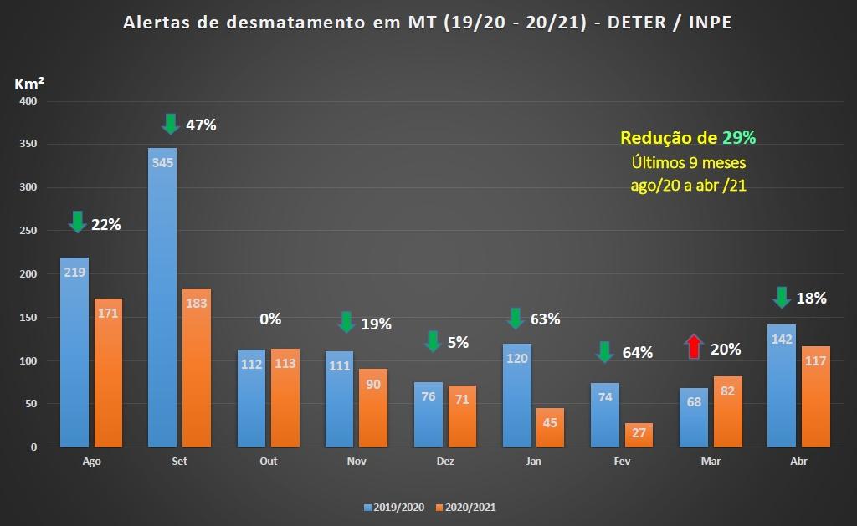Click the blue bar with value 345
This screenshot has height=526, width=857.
point(162,297)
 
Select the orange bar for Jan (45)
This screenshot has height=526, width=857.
point(550,427)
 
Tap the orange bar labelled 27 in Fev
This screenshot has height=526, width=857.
point(638,435)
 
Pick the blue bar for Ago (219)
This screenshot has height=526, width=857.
point(74,351)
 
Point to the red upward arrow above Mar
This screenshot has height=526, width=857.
point(694,347)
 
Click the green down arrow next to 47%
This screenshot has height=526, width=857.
point(170,124)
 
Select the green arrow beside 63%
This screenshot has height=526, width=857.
point(515,319)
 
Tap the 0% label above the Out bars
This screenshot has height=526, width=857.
point(270,319)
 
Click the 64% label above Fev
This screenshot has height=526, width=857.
point(637,352)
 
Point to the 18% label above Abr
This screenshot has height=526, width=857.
point(811,298)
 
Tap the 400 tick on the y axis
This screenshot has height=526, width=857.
point(28,101)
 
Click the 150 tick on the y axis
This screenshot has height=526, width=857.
point(28,318)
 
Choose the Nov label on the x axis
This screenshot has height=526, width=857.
point(357,462)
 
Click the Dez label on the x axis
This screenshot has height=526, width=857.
point(445,462)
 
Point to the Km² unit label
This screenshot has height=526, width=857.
point(29,84)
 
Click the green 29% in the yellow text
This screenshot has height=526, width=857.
point(740,138)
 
